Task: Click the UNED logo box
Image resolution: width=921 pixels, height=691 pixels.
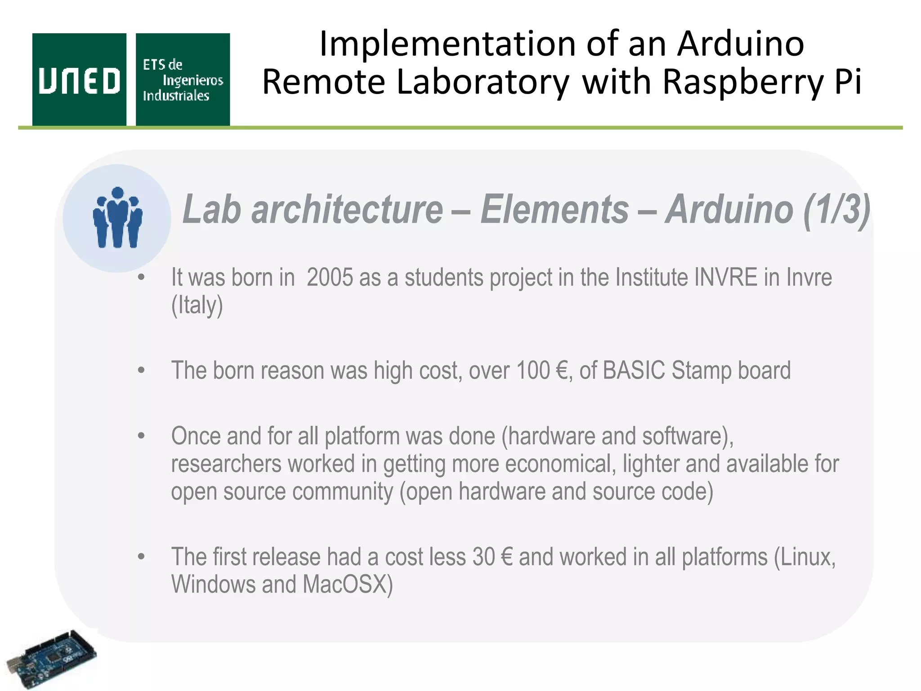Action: coord(79,80)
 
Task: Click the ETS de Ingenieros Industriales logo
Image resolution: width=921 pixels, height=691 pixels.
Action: coord(183,80)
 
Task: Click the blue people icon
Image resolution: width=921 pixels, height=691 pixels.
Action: coord(117,218)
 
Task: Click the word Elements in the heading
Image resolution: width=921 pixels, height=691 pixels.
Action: coord(554,210)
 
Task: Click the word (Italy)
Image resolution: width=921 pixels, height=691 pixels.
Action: coord(197,305)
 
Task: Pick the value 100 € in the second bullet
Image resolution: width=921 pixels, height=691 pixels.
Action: coord(541,371)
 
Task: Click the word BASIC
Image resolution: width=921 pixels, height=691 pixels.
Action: coord(633,371)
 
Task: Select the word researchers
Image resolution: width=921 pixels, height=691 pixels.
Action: coord(226,464)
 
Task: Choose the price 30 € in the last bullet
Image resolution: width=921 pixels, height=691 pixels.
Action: coord(492,557)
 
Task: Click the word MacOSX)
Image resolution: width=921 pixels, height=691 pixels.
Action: coord(347,585)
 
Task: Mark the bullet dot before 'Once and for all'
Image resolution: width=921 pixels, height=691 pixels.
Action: coord(142,436)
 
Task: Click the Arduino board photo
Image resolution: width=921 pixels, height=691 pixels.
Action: coord(50,659)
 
